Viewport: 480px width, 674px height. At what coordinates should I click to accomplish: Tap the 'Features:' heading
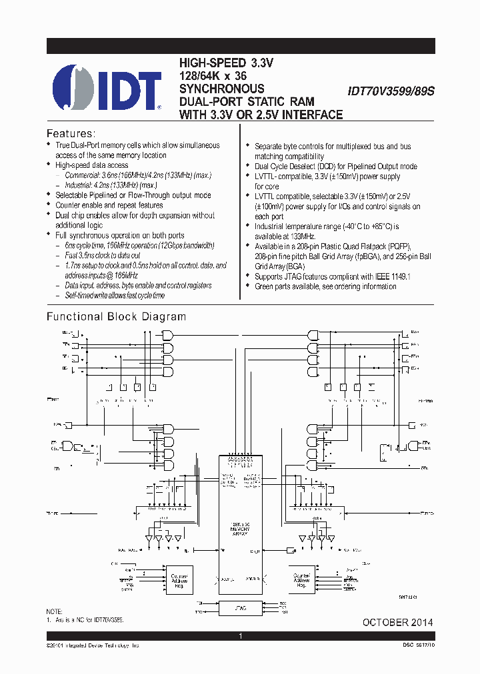pyautogui.click(x=71, y=133)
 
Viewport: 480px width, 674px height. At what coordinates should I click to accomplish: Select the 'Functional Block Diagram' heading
pyautogui.click(x=116, y=316)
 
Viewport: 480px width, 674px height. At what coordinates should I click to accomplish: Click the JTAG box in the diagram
pyautogui.click(x=241, y=607)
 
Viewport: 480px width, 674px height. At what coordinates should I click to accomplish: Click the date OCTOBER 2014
pyautogui.click(x=397, y=622)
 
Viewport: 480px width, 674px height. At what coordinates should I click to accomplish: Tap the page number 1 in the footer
pyautogui.click(x=241, y=637)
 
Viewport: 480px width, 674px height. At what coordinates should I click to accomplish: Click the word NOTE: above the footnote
pyautogui.click(x=55, y=611)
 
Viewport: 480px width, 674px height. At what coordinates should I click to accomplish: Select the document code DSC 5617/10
pyautogui.click(x=413, y=646)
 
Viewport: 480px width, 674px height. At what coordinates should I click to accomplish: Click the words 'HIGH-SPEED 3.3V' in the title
pyautogui.click(x=227, y=63)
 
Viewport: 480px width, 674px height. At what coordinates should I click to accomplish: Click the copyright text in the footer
pyautogui.click(x=93, y=646)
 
